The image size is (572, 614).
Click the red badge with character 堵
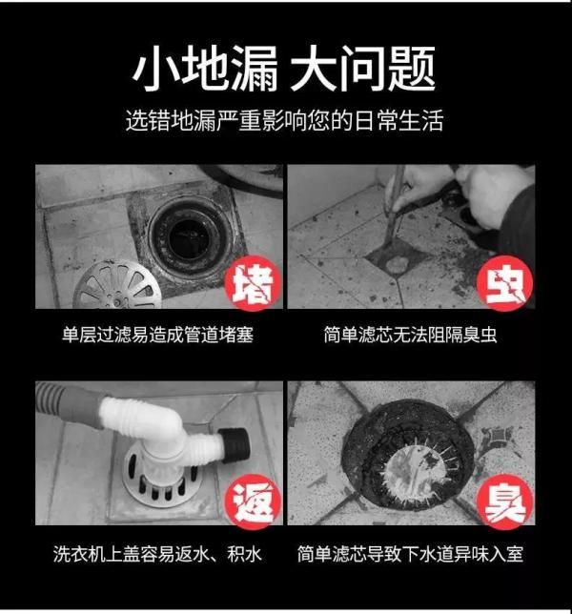(253, 283)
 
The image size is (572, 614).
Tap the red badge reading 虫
(504, 283)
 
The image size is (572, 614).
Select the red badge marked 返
(253, 501)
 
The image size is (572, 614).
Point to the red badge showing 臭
(504, 501)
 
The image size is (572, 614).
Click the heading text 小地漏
(205, 69)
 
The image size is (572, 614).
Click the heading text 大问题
(363, 69)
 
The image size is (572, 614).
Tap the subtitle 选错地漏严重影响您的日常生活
(285, 120)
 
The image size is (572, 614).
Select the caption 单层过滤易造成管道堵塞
(158, 335)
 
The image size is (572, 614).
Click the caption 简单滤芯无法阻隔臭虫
(410, 335)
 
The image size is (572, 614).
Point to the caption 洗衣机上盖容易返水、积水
(157, 554)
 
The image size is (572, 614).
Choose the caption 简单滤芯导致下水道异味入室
(410, 554)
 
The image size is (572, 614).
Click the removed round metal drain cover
(117, 285)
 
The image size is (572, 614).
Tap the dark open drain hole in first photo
(191, 239)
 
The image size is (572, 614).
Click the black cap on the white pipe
(235, 446)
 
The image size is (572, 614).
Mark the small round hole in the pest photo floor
(397, 265)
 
